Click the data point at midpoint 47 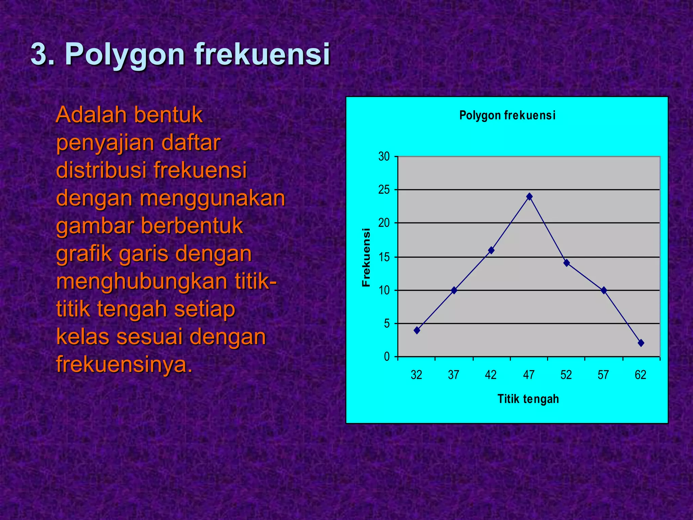click(530, 197)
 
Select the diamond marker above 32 click(417, 330)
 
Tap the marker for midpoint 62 click(641, 343)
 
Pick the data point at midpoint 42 click(491, 251)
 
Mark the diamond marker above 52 click(567, 263)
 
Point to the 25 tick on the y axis click(384, 190)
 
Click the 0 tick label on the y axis click(387, 357)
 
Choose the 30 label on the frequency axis click(384, 157)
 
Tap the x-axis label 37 click(453, 375)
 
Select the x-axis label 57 click(603, 375)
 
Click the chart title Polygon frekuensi click(507, 115)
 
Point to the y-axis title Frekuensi click(366, 257)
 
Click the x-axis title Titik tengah click(528, 399)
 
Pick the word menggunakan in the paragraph click(213, 198)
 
